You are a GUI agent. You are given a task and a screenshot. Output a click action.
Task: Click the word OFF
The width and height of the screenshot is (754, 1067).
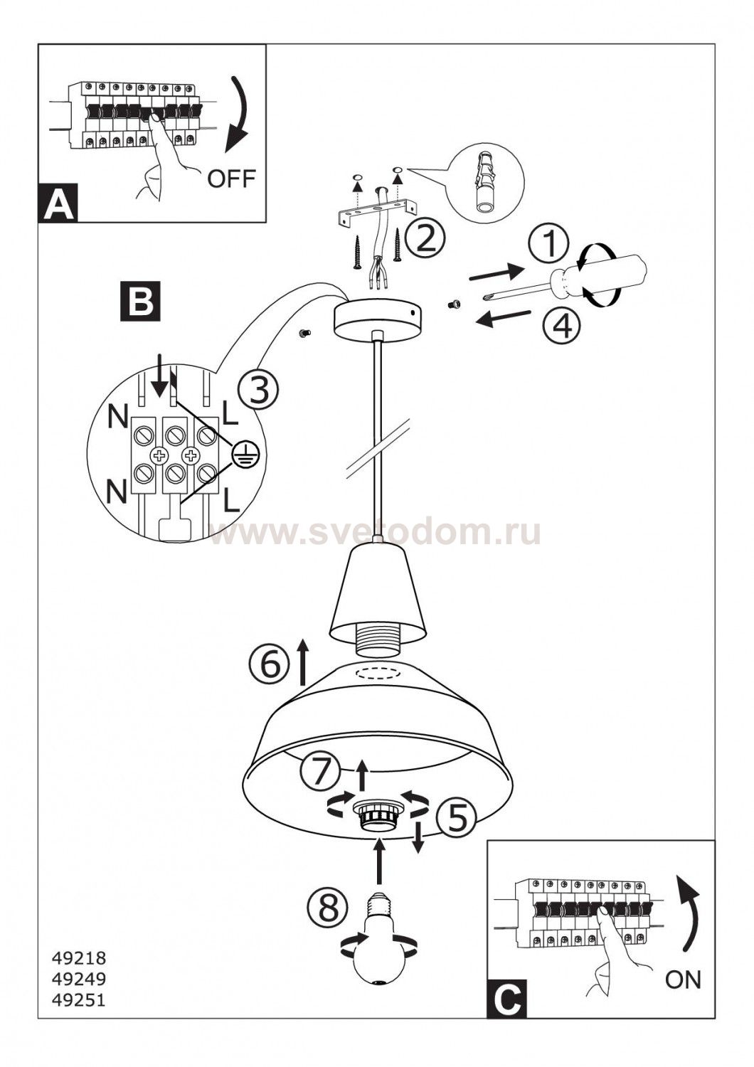231,179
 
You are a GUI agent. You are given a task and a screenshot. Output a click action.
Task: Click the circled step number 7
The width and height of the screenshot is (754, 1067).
320,773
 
